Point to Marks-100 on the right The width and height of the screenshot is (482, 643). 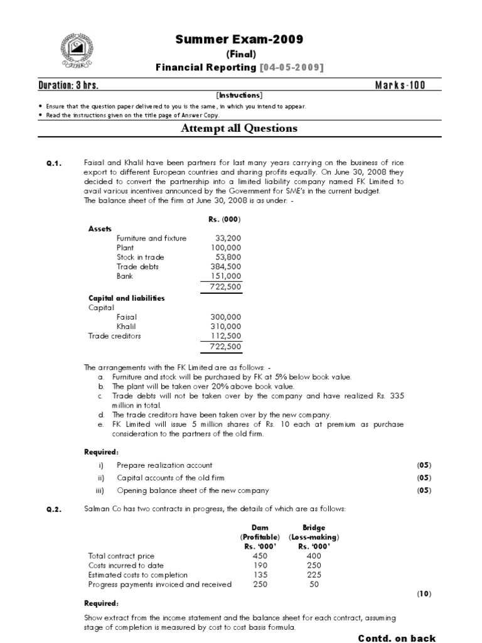click(x=400, y=85)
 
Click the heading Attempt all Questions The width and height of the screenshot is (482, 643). click(x=239, y=129)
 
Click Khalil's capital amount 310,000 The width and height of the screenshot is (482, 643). click(x=225, y=327)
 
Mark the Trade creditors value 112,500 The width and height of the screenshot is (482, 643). click(x=225, y=336)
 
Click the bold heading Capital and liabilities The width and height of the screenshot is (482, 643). click(x=126, y=298)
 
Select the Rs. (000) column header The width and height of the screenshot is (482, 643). click(x=224, y=219)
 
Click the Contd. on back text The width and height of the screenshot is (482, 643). click(x=397, y=638)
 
